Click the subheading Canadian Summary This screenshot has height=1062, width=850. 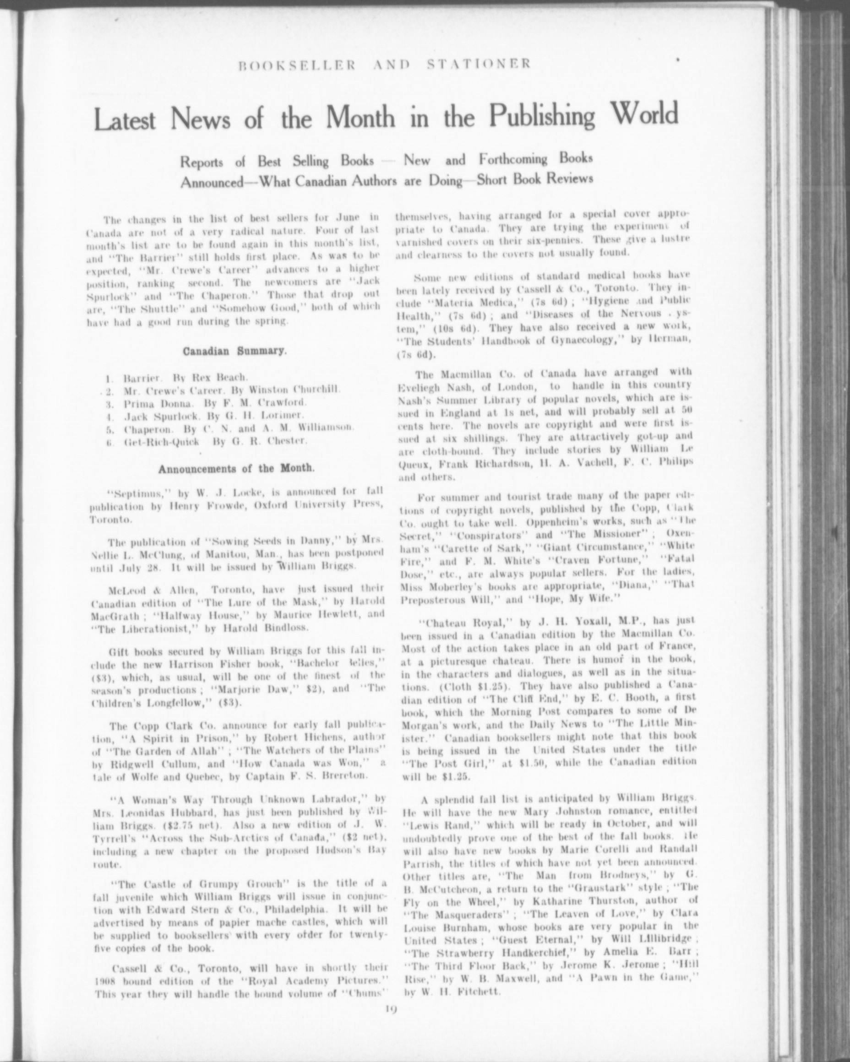pos(234,352)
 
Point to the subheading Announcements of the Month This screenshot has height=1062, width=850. pos(235,467)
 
